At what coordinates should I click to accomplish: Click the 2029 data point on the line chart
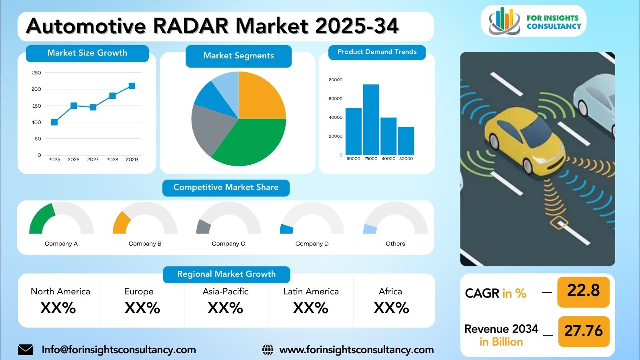132,86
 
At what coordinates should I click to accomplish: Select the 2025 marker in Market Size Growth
54,122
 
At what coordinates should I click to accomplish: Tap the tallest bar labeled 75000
371,120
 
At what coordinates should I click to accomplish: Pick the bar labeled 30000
406,141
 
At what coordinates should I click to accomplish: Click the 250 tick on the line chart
36,73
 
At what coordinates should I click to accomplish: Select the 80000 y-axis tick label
336,80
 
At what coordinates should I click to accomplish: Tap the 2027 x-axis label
93,160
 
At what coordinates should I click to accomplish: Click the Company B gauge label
145,244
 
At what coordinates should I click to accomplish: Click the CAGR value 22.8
583,290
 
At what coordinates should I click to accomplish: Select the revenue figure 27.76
584,331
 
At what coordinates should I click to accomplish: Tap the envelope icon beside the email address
26,350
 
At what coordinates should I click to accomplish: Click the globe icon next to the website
268,350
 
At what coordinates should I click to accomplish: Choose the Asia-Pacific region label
226,292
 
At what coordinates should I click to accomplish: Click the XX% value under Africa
391,308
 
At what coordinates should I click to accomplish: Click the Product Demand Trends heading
377,52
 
